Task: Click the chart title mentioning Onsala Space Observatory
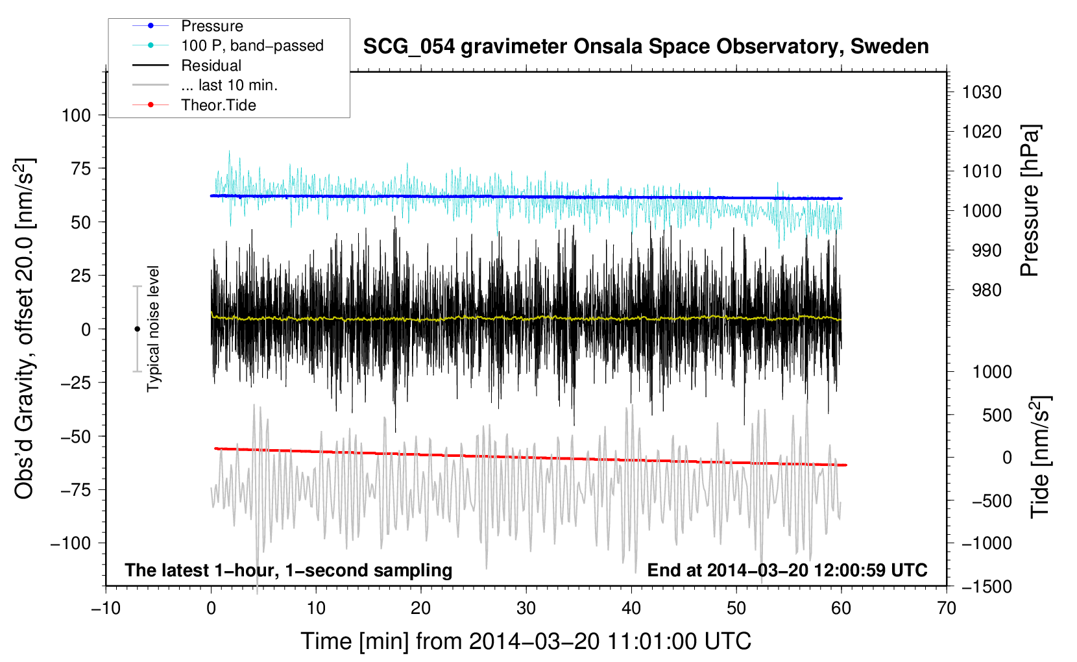tap(646, 47)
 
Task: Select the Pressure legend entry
tap(212, 26)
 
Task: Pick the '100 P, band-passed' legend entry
tap(252, 45)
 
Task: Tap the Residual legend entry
tap(211, 66)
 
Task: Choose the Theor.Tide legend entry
tap(218, 105)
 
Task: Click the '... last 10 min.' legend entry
tap(229, 85)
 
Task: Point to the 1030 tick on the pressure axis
tap(981, 92)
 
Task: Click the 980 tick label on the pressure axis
tap(981, 290)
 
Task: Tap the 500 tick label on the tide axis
tap(997, 415)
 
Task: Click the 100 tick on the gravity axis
tap(76, 116)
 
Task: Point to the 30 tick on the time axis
tap(526, 608)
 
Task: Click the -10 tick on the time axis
tap(106, 608)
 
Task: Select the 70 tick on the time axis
tap(947, 608)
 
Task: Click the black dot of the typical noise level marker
tap(137, 329)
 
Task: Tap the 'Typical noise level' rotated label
tap(153, 328)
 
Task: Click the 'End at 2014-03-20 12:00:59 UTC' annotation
tap(787, 570)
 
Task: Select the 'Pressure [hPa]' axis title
tap(1030, 201)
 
